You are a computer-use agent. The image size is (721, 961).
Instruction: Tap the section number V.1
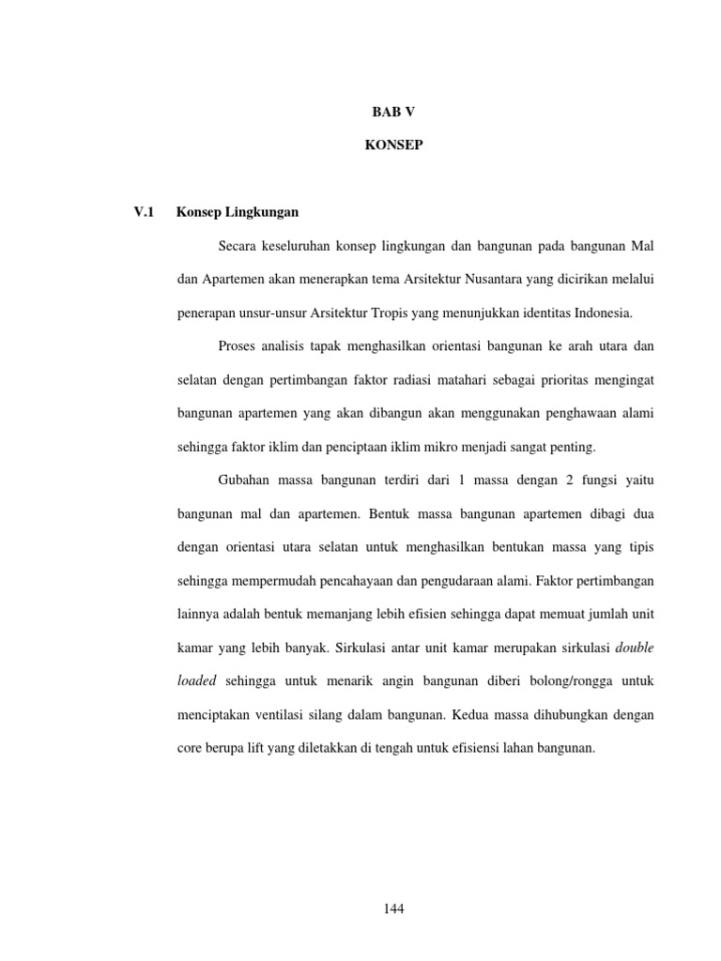click(145, 212)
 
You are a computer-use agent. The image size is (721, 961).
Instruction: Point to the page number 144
click(393, 908)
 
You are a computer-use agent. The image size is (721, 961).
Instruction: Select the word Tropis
click(397, 313)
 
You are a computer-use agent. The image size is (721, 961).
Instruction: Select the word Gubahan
click(243, 480)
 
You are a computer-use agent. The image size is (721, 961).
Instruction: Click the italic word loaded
click(197, 681)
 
